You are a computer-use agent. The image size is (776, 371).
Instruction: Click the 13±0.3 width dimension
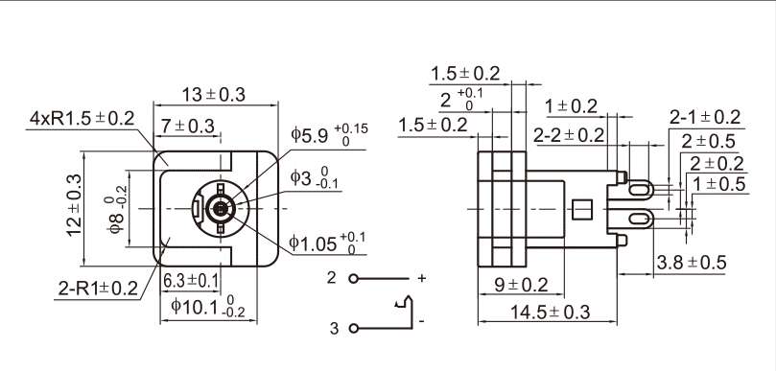coord(213,94)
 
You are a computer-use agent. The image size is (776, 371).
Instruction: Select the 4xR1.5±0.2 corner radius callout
coord(82,119)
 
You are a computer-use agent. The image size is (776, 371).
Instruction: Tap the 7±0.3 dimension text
coord(188,127)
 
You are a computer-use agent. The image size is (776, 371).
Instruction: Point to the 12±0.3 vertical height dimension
coord(75,206)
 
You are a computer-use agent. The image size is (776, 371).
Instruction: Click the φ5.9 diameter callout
coord(329,132)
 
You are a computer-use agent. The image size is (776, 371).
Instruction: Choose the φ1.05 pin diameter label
coord(328,243)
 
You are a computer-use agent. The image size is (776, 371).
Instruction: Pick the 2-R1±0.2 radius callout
coord(98,289)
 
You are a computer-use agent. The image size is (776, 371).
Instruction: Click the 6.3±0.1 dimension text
coord(191,281)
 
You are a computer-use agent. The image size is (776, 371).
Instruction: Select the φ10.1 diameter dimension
coord(208,308)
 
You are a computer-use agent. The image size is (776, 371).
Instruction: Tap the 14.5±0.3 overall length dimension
coord(551,313)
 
